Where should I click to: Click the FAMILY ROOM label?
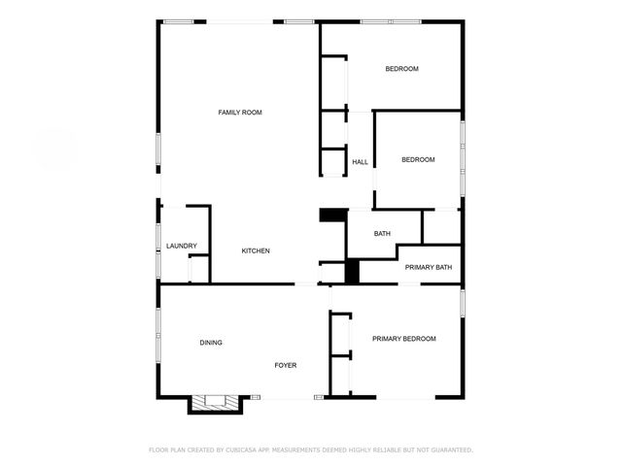tap(240, 113)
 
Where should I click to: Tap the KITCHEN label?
tap(256, 251)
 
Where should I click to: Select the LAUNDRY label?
tap(182, 246)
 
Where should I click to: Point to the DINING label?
tap(211, 343)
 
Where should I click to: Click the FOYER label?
tap(285, 365)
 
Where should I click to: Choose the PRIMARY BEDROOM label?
tap(403, 339)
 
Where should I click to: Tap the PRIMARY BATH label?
tap(429, 267)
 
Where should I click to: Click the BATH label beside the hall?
tap(382, 233)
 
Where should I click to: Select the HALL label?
tap(360, 162)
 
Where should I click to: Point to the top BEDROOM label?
tap(401, 68)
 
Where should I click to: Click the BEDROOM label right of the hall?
tap(418, 159)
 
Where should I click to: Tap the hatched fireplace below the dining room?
tap(213, 401)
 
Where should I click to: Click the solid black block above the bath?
tap(333, 216)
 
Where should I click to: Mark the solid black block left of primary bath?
tap(352, 271)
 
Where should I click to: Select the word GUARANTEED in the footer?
tap(450, 450)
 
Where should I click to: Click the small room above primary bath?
tap(441, 226)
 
